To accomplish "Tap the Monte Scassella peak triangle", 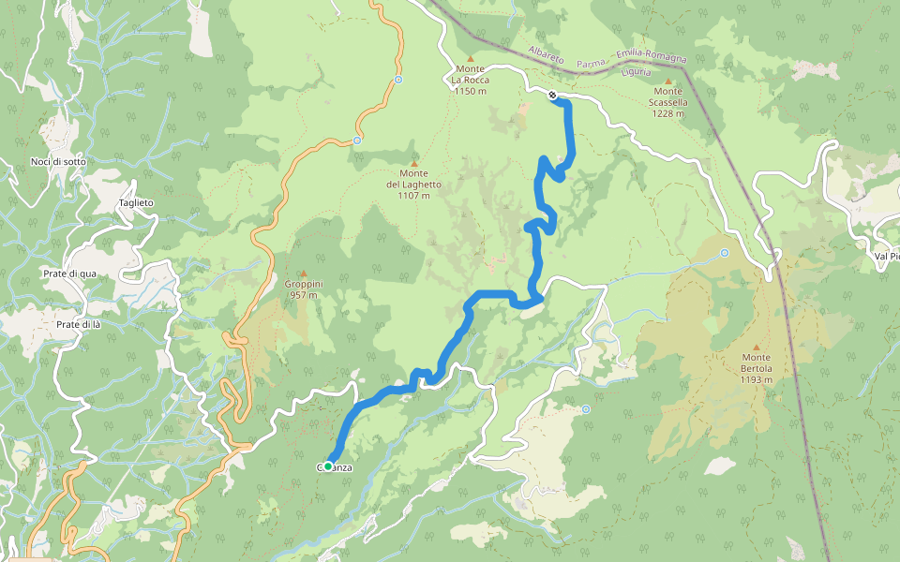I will point(668,81).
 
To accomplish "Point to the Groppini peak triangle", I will point(302,273).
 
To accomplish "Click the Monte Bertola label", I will point(756,369).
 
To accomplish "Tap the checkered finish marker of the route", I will point(553,94).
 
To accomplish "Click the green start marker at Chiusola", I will point(328,464).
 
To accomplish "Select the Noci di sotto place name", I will point(58,162).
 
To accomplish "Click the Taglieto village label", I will point(136,203).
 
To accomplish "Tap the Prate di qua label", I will point(70,274).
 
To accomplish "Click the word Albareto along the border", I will point(547,55).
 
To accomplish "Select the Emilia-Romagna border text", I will point(652,58).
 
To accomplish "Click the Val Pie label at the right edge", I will point(885,255).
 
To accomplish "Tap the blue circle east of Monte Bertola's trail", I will point(725,253).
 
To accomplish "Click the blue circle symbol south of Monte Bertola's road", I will point(586,408).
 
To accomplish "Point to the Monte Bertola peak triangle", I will point(757,348).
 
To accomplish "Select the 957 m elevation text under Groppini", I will point(302,295).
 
